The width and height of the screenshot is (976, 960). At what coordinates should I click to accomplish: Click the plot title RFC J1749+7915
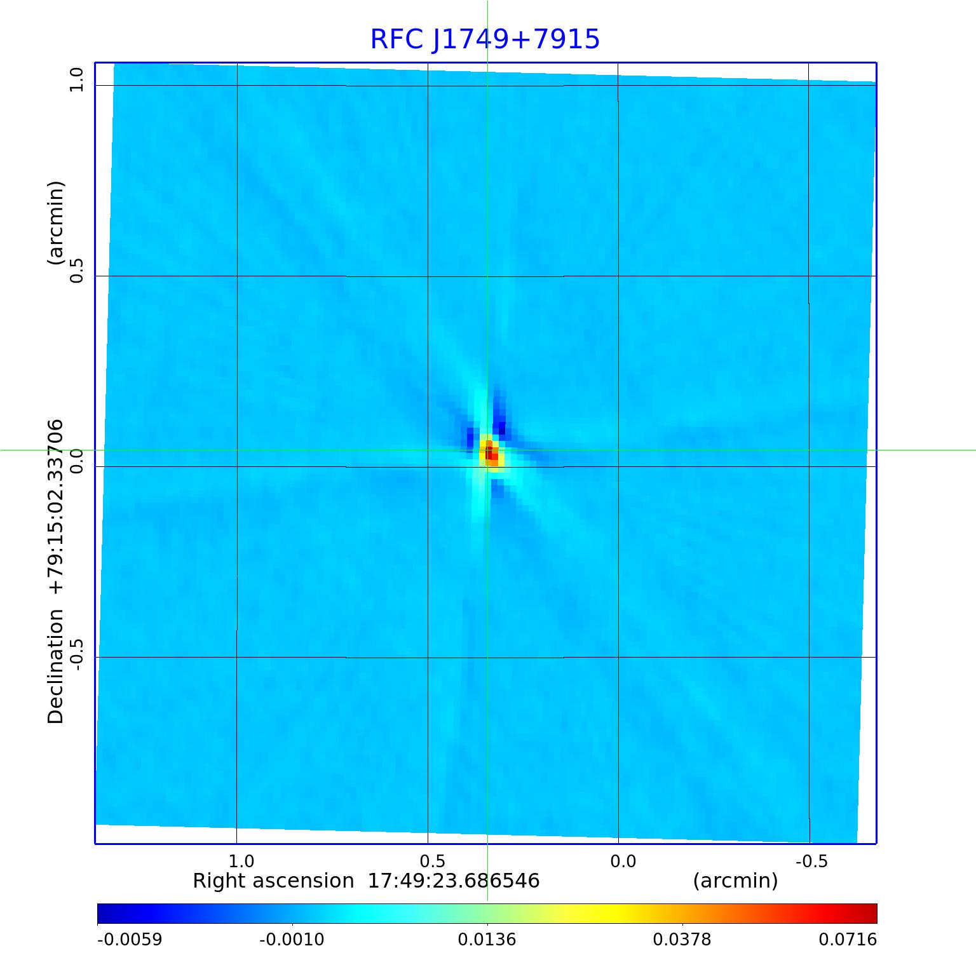pos(485,39)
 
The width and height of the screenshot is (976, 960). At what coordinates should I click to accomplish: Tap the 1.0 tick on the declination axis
pos(77,80)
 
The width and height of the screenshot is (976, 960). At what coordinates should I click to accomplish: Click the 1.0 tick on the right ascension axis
pos(241,861)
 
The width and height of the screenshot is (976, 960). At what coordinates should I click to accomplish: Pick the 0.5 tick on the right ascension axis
pos(432,861)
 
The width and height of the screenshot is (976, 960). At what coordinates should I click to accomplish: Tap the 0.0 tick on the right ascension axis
pos(623,861)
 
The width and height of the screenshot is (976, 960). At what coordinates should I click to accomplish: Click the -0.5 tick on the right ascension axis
pos(811,861)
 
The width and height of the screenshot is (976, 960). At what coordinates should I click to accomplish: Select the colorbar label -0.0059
pos(130,939)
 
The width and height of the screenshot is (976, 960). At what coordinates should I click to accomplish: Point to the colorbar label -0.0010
pos(292,939)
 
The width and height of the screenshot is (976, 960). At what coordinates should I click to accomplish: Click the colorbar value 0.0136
pos(487,939)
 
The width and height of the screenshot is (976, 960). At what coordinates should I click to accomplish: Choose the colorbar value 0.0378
pos(682,939)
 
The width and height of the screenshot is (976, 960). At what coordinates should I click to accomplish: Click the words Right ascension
pos(273,881)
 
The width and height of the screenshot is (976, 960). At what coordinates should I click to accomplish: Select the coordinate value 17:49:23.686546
pos(454,881)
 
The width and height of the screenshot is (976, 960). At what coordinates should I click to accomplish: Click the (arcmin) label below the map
pos(735,881)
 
